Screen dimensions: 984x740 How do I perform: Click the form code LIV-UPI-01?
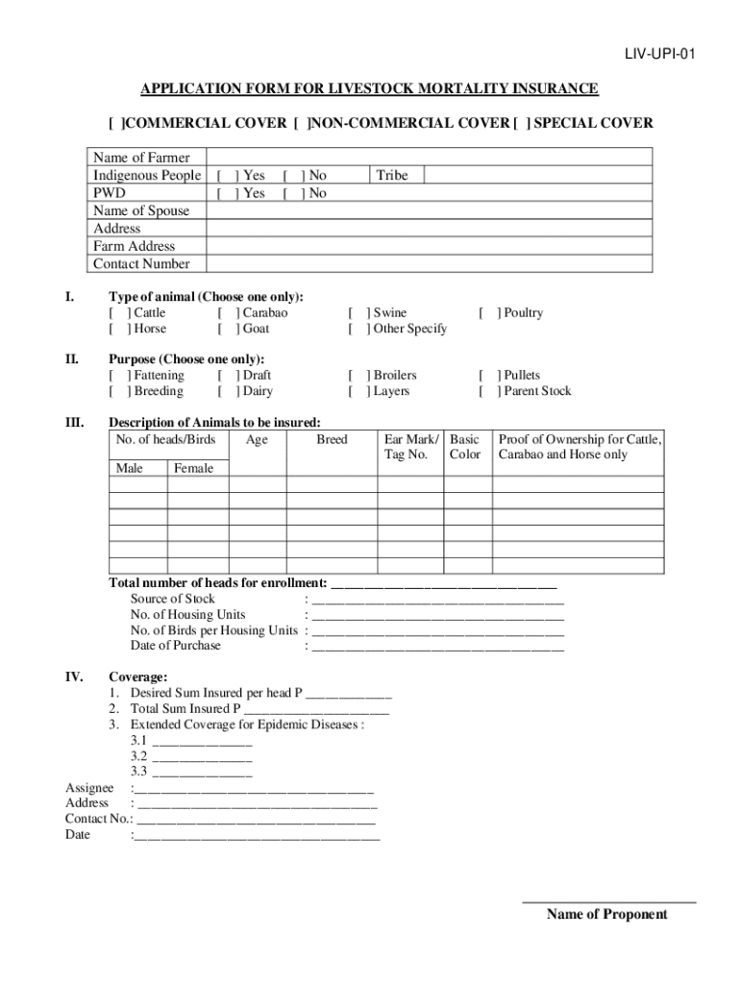pos(654,55)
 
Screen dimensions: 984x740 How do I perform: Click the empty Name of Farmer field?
pos(429,158)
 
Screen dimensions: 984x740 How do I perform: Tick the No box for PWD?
pos(292,193)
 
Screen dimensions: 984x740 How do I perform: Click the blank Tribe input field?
pos(537,176)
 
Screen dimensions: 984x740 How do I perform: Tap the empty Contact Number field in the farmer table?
pos(429,264)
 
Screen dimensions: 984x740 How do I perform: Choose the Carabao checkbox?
pos(228,313)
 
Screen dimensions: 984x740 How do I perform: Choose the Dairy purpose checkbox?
pos(228,391)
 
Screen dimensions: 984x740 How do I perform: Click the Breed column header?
pos(332,440)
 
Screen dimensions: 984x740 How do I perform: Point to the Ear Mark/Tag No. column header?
pos(410,447)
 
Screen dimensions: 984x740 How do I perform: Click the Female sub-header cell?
pos(194,469)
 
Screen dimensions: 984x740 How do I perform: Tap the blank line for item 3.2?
pos(202,756)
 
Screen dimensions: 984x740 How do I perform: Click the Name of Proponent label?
pos(606,915)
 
